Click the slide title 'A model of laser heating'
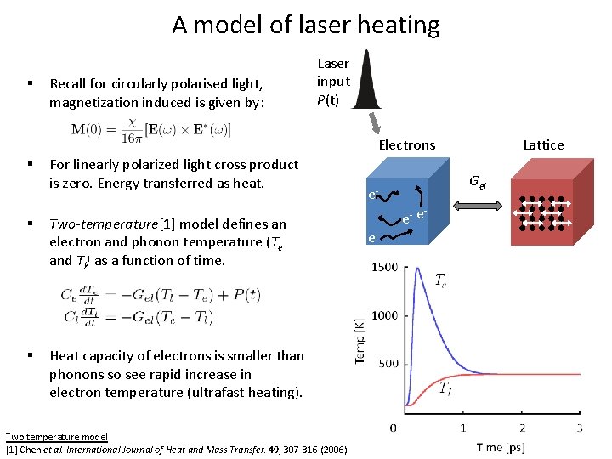(306, 25)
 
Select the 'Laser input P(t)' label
(333, 82)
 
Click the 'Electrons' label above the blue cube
(406, 145)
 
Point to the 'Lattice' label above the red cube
(543, 145)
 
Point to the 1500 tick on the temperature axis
(383, 268)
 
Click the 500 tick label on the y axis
(388, 364)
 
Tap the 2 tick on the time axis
(522, 428)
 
